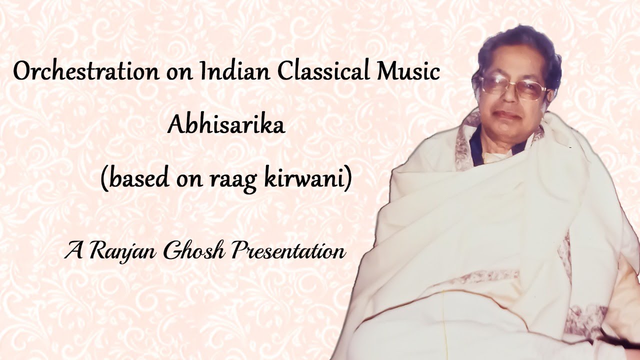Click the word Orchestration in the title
coord(84,71)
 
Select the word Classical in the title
coord(319,71)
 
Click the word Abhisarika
coord(226,124)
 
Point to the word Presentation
coord(288,250)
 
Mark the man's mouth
coord(509,116)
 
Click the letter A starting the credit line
coord(73,250)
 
